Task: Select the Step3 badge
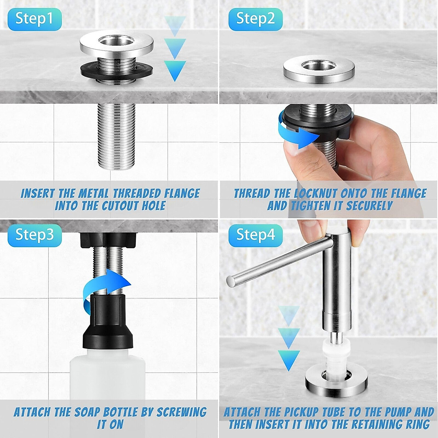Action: point(34,235)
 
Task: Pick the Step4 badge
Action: point(255,235)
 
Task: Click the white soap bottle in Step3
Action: point(107,380)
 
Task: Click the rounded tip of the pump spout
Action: point(230,281)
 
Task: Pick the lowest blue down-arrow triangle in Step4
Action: point(289,360)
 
